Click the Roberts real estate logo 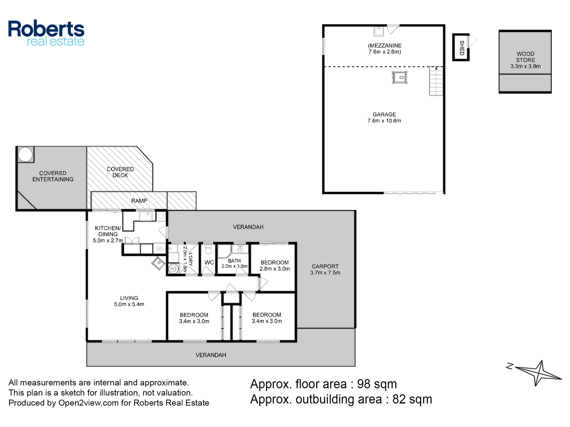click(46, 33)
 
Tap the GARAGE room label click(384, 114)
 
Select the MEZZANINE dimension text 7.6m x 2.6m click(385, 52)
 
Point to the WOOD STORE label click(525, 57)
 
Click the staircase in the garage click(436, 81)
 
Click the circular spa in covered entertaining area click(25, 155)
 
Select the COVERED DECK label click(120, 172)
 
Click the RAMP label click(139, 201)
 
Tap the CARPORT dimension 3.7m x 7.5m click(325, 273)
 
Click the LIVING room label click(129, 298)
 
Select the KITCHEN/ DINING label click(108, 231)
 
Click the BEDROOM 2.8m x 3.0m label click(275, 266)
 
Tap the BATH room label click(234, 261)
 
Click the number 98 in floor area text click(364, 384)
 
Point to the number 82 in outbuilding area click(399, 399)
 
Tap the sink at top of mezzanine click(379, 31)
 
